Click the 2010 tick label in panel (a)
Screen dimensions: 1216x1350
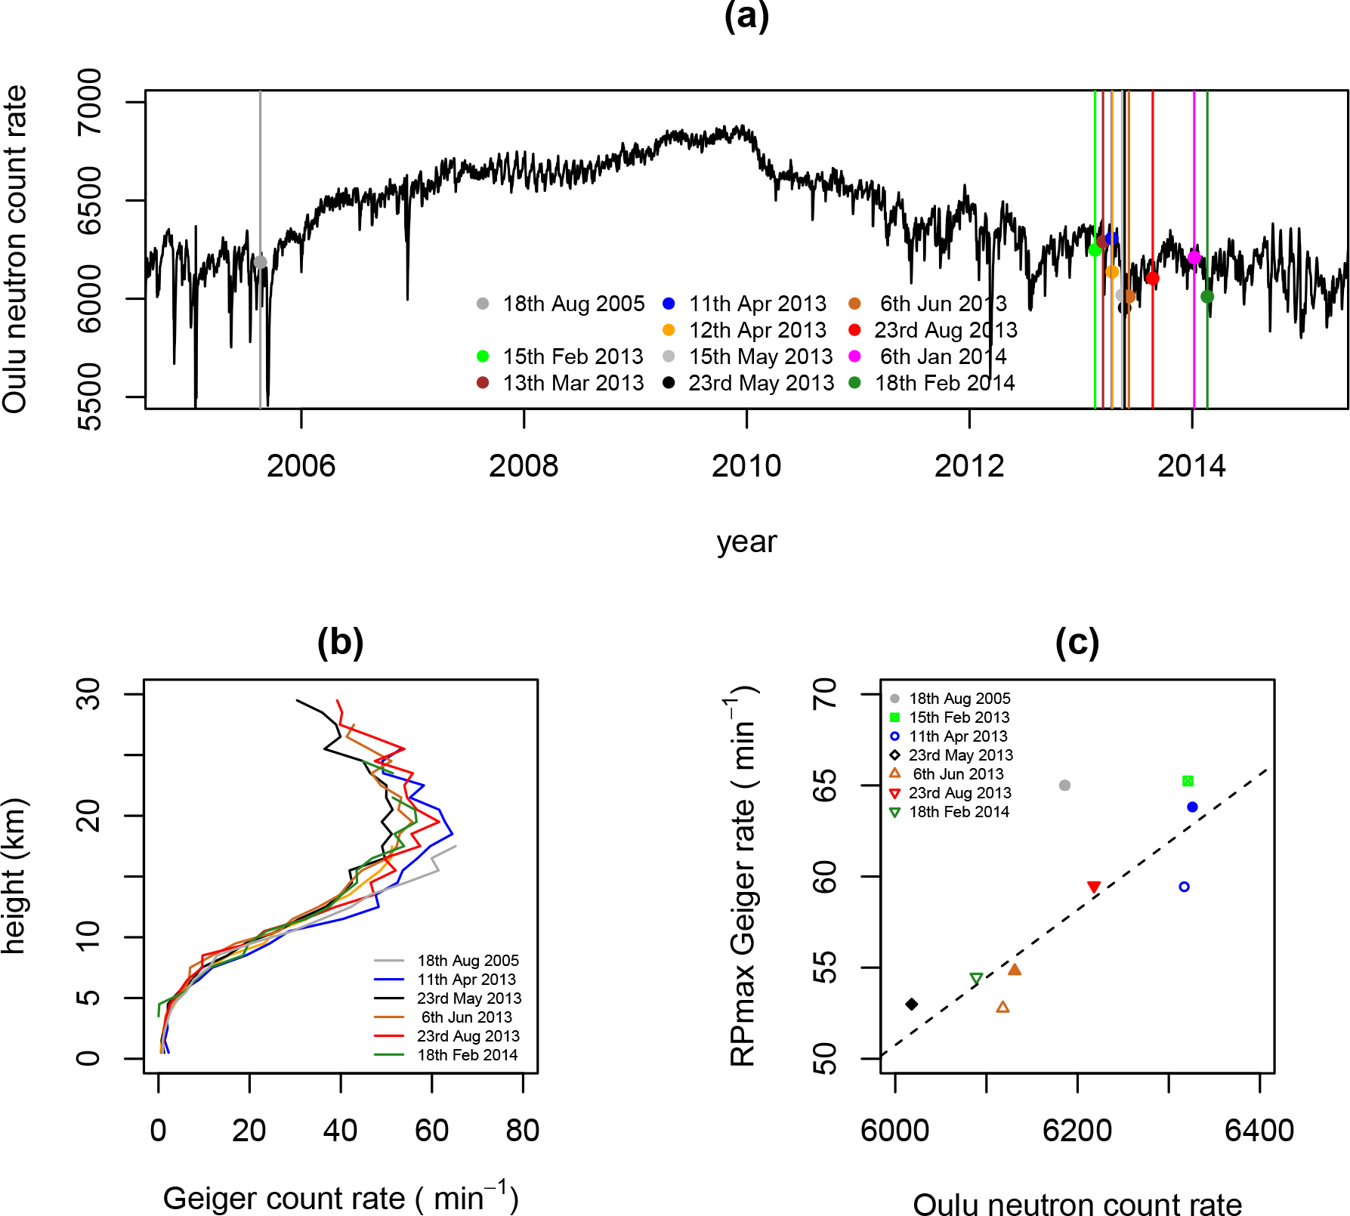click(746, 466)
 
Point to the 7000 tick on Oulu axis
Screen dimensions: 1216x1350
click(89, 101)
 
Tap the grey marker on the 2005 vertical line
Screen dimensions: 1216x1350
click(260, 262)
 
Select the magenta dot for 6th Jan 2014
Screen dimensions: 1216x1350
click(1194, 258)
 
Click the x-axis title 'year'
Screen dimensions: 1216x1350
click(746, 542)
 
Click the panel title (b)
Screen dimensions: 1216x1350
click(340, 642)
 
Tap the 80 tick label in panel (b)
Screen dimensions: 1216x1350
click(523, 1131)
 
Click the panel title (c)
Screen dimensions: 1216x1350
click(1077, 642)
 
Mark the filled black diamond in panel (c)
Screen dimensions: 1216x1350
click(912, 1005)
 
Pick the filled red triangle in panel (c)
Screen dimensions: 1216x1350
click(1094, 887)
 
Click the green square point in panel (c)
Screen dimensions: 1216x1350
click(1188, 781)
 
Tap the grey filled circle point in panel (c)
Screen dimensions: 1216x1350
click(1064, 785)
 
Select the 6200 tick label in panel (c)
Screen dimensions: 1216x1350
click(1077, 1131)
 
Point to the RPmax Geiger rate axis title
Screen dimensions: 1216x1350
click(743, 876)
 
